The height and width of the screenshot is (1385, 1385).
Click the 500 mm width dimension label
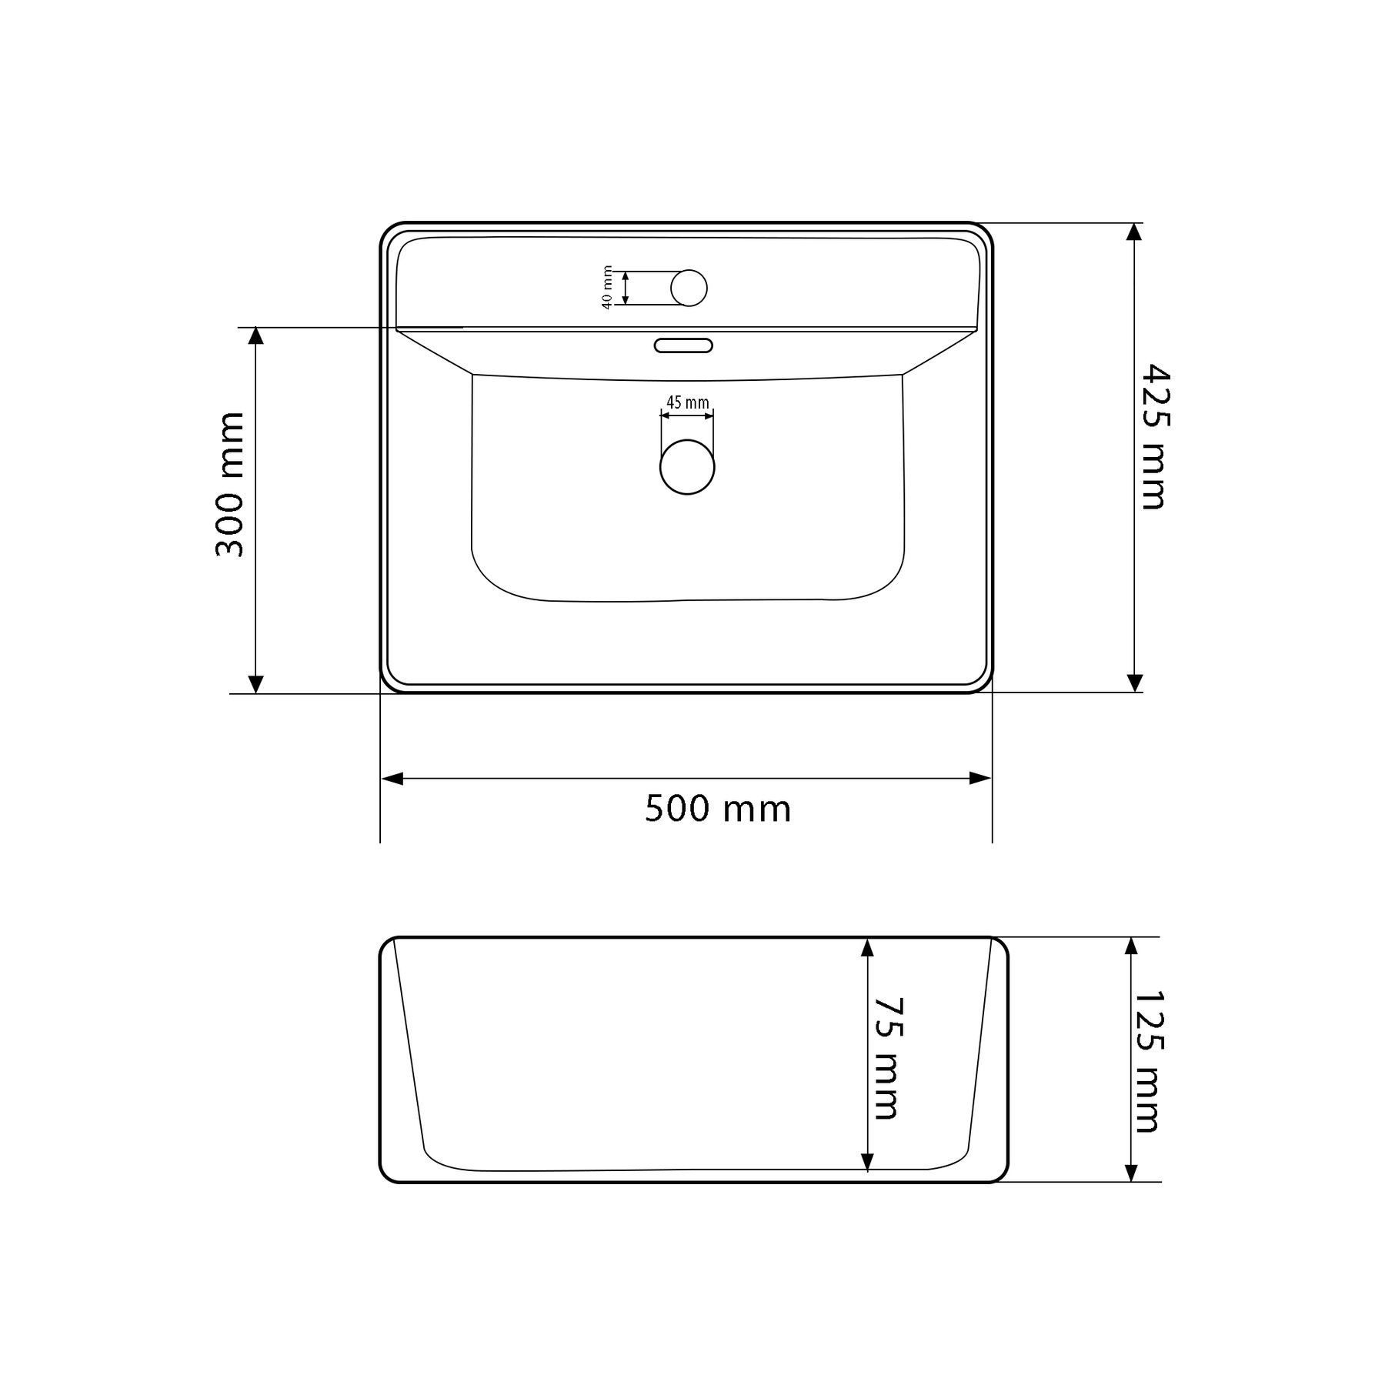point(717,809)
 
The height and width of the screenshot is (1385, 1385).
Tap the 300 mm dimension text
point(229,485)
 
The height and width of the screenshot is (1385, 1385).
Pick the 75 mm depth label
point(887,1059)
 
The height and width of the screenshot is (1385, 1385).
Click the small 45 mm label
point(687,402)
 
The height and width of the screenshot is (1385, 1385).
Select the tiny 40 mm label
point(607,288)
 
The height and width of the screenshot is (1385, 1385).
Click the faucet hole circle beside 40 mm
point(689,288)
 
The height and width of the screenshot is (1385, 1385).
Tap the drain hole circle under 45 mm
point(687,467)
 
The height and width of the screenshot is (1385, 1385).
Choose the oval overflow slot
point(683,345)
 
